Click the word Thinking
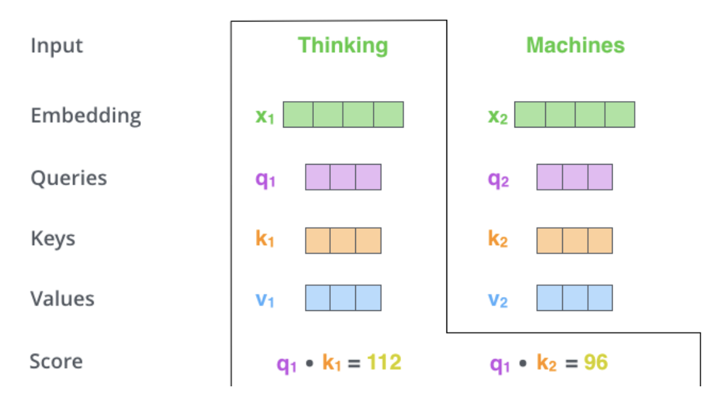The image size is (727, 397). pyautogui.click(x=343, y=45)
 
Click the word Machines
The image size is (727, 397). pyautogui.click(x=575, y=45)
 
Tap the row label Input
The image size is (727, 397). pyautogui.click(x=57, y=46)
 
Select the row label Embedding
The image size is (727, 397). pyautogui.click(x=86, y=116)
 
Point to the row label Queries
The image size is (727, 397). pyautogui.click(x=69, y=178)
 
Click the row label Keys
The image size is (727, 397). pyautogui.click(x=53, y=239)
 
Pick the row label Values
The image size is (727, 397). pyautogui.click(x=62, y=298)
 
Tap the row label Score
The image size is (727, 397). pyautogui.click(x=56, y=361)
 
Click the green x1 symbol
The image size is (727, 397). pyautogui.click(x=265, y=116)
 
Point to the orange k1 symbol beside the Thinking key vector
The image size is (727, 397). pyautogui.click(x=265, y=239)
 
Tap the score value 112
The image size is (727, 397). pyautogui.click(x=384, y=362)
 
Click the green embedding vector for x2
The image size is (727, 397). pyautogui.click(x=574, y=114)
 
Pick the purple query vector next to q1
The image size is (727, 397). pyautogui.click(x=343, y=177)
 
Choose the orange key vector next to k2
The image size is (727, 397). pyautogui.click(x=574, y=240)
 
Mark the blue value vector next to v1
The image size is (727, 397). pyautogui.click(x=343, y=298)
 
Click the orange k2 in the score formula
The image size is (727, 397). pyautogui.click(x=547, y=363)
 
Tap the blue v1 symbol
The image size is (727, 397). pyautogui.click(x=265, y=300)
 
